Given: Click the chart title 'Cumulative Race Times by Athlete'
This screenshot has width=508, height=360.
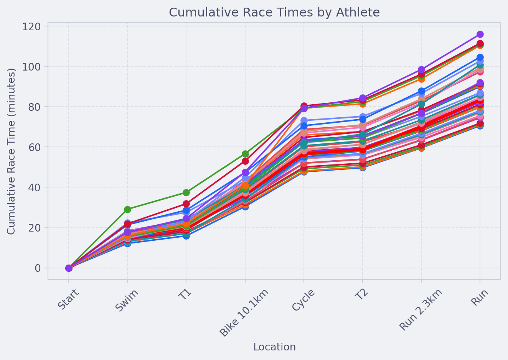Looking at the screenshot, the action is click(x=274, y=12).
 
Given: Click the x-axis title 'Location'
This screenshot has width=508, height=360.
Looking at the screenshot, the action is click(x=274, y=347).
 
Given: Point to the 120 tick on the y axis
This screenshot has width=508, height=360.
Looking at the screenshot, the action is click(x=31, y=27).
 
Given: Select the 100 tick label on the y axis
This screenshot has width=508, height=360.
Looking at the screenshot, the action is click(x=31, y=67).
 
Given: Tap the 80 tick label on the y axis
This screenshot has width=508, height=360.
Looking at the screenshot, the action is click(x=35, y=107).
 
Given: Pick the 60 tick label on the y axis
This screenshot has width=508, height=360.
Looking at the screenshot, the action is click(x=35, y=147).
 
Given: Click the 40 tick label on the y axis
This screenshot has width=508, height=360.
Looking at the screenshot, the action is click(x=35, y=187).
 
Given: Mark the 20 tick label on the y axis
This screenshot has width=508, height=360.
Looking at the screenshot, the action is click(x=35, y=228).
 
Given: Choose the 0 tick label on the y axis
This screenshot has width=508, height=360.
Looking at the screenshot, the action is click(x=38, y=268).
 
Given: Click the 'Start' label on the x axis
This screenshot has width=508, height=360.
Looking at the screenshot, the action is click(x=68, y=299).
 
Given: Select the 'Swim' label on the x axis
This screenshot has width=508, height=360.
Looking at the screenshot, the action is click(x=127, y=300).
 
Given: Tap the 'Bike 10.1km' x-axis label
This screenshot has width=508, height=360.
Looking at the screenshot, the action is click(x=244, y=312).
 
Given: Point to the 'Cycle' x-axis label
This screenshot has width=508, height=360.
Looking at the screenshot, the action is click(x=303, y=300).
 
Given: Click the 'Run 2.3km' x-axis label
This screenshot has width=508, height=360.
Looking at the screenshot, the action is click(x=421, y=310).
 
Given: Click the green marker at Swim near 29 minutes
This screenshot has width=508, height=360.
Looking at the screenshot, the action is click(x=127, y=209).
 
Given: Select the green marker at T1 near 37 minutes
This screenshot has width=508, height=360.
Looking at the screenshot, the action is click(x=186, y=192).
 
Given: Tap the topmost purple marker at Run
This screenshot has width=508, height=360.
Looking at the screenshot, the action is click(x=480, y=35).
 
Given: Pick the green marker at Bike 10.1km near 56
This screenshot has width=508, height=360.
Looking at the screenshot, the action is click(x=245, y=154).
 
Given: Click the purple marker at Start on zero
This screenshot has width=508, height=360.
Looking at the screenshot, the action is click(x=69, y=268).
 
